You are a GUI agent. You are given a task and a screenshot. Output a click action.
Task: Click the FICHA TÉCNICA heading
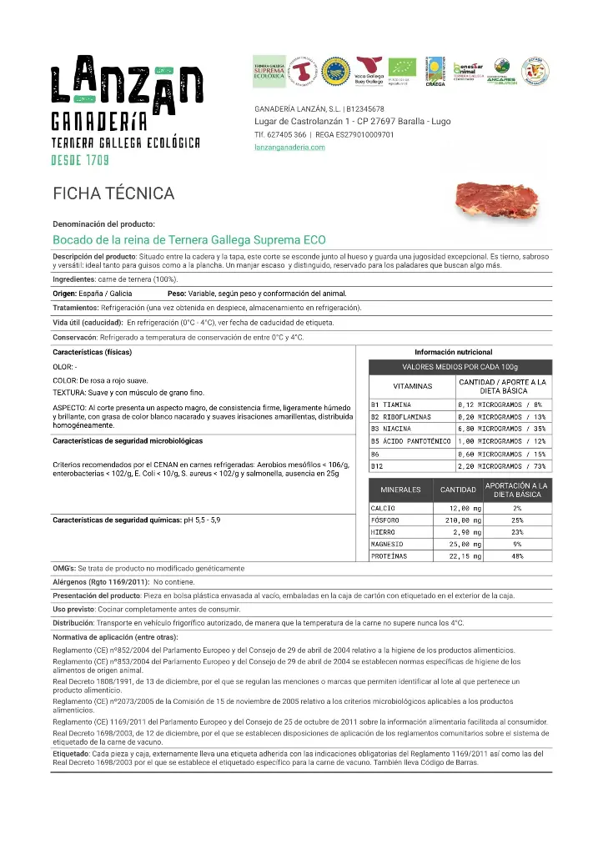(x=113, y=194)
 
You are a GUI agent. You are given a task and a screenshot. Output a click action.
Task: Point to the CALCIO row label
(x=384, y=508)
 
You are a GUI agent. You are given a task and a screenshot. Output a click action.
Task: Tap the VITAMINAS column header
(x=412, y=386)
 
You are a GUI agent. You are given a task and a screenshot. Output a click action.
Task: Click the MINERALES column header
(x=400, y=490)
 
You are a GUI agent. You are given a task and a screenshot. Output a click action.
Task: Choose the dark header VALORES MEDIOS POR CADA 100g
(x=460, y=367)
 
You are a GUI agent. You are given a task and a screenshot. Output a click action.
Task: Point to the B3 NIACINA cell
(x=391, y=429)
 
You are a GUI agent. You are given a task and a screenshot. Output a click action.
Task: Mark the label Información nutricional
(x=453, y=352)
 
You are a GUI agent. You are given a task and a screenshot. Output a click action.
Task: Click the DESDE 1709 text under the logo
(x=81, y=159)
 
